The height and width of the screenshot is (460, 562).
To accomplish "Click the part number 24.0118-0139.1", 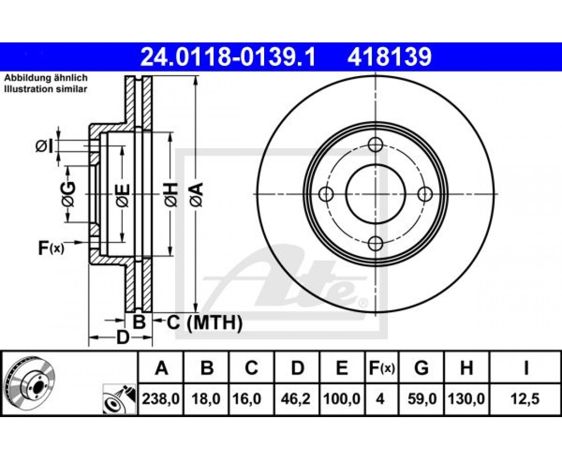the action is click(x=228, y=57).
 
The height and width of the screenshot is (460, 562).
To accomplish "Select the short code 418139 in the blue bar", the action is click(x=389, y=57).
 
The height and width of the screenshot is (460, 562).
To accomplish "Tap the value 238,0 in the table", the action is click(x=161, y=398).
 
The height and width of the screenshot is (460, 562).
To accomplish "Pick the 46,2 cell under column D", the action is click(x=296, y=398).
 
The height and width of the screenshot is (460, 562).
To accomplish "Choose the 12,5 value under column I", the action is click(x=525, y=398).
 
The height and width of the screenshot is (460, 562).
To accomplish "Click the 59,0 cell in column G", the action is click(x=422, y=398).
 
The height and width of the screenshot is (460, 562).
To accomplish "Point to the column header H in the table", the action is click(x=466, y=368).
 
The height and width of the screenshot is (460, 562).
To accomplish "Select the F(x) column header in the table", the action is click(x=382, y=368).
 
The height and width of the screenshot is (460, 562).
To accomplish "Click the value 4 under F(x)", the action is click(x=381, y=398).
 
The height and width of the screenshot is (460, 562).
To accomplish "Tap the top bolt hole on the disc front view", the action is click(x=376, y=145).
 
